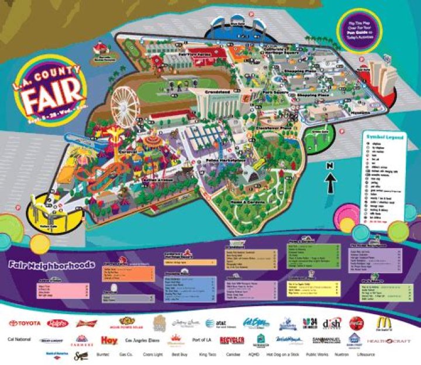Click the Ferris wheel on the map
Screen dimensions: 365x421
coord(126,105)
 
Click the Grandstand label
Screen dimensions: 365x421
coord(218,92)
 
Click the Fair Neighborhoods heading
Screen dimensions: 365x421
coord(51,265)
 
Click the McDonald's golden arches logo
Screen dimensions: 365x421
coord(384,322)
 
